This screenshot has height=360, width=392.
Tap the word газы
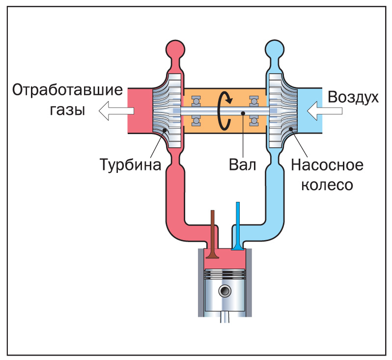[67, 110]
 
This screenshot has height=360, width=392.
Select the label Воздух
[353, 97]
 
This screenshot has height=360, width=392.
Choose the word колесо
[327, 185]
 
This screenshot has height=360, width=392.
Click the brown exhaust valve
[213, 236]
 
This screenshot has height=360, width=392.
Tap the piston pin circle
[225, 291]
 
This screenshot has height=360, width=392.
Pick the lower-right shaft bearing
[254, 121]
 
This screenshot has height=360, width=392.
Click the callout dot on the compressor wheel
[291, 130]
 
